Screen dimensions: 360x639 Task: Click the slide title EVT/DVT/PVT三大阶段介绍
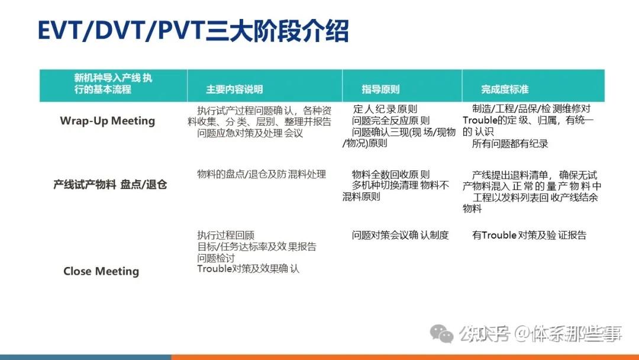(x=193, y=31)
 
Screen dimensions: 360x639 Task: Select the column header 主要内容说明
(x=234, y=89)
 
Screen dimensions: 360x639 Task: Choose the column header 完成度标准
(x=505, y=89)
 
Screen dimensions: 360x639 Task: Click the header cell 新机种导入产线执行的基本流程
(x=113, y=83)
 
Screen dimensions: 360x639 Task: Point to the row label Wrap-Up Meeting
(x=107, y=121)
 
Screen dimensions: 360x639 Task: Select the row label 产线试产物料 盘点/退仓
(x=110, y=185)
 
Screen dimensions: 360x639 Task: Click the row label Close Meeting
(x=101, y=271)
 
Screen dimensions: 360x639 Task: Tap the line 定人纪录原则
(x=385, y=109)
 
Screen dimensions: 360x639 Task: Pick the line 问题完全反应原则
(x=390, y=121)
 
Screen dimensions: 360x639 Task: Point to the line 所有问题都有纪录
(x=510, y=143)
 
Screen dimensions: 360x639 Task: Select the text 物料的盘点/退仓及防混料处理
(x=261, y=174)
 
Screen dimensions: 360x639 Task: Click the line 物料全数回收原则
(x=390, y=175)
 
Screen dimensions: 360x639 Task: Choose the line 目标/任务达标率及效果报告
(x=256, y=246)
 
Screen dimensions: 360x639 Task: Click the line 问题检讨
(x=215, y=258)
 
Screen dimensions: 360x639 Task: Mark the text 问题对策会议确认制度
(x=400, y=235)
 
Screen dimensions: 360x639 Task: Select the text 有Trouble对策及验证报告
(x=529, y=235)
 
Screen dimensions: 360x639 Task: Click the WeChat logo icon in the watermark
(x=442, y=333)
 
